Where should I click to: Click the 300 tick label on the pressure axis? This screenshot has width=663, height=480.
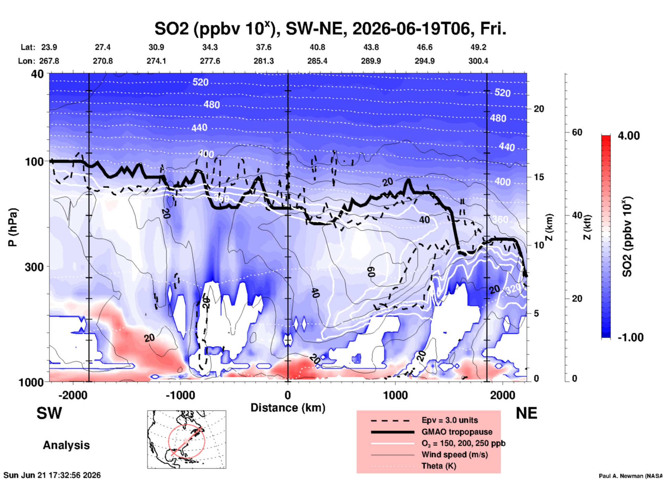point(34,267)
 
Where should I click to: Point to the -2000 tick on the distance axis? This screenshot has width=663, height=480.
point(73,395)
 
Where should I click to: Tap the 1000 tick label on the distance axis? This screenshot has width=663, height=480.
point(395,395)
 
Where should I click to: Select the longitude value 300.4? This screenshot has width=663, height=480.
point(478,61)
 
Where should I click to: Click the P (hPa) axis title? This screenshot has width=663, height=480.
point(13,227)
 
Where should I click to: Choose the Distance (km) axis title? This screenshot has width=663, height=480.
point(288,408)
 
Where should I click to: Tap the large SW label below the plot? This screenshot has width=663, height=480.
point(49,413)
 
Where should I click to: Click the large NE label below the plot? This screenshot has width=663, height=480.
point(526,413)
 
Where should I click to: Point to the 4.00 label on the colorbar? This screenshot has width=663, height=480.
point(629,136)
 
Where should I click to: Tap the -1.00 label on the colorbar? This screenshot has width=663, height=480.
point(630,337)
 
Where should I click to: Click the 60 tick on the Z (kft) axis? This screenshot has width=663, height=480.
point(577,132)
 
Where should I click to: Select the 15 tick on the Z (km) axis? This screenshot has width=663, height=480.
point(539,177)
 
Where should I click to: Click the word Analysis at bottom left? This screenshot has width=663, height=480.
point(66,445)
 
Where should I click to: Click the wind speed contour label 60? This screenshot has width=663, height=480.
point(371,272)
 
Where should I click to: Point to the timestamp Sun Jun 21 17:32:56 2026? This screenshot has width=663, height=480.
point(52,475)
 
